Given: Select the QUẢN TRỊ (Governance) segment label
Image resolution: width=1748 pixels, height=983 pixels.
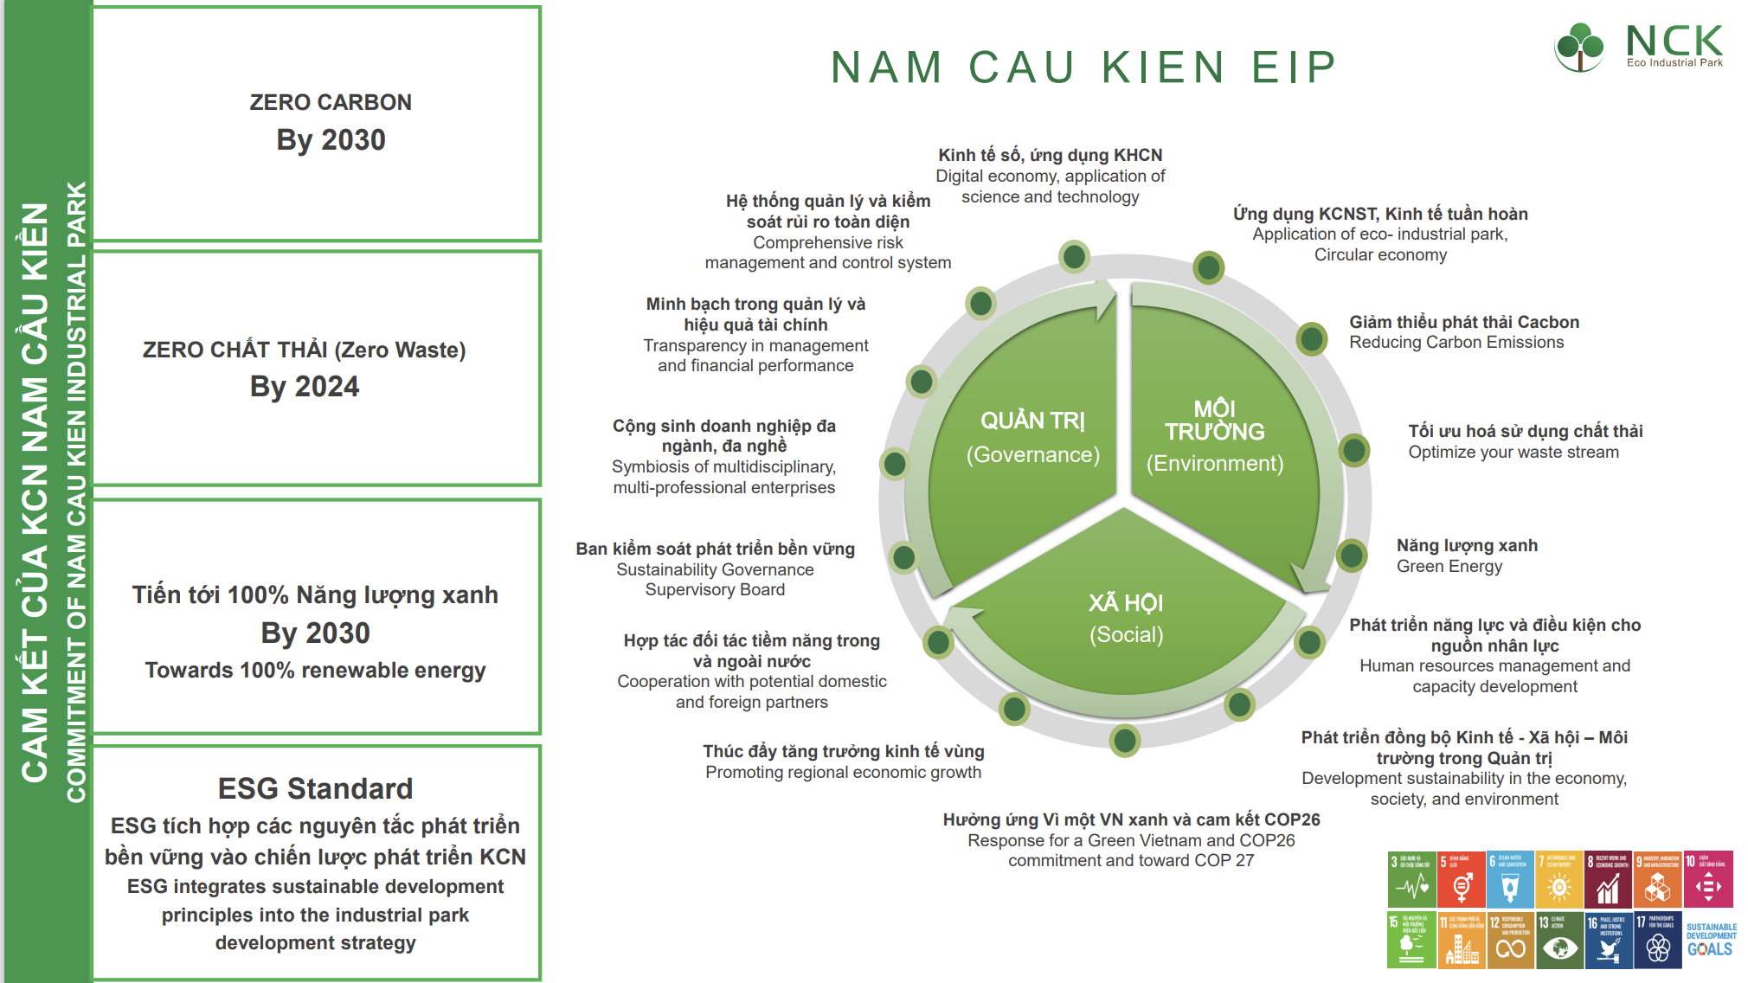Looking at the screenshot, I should click(x=1032, y=437).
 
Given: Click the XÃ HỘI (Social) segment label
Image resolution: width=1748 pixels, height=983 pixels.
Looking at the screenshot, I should click(x=1126, y=618).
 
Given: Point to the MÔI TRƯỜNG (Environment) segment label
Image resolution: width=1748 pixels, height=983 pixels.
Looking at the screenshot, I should click(x=1215, y=435).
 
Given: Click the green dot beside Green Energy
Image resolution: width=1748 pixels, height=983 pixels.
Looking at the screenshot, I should click(x=1351, y=556).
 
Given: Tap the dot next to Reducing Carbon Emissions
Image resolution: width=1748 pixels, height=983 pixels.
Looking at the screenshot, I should click(x=1312, y=338).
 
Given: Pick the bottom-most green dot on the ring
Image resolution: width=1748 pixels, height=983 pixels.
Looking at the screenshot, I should click(x=1125, y=740).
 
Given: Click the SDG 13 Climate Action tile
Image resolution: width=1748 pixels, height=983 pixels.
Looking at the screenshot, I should click(x=1558, y=940).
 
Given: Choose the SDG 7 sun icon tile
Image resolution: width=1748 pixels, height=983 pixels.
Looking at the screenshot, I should click(x=1558, y=879).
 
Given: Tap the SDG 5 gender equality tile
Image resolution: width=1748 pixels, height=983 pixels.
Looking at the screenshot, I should click(x=1461, y=879).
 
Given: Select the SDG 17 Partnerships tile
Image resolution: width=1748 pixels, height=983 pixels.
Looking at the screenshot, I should click(x=1657, y=940).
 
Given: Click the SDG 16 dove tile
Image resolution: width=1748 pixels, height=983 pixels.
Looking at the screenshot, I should click(x=1608, y=940).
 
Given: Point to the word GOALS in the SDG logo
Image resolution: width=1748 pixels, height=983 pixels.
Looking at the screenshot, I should click(x=1709, y=949).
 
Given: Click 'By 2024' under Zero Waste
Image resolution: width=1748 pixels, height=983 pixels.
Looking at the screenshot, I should click(x=305, y=387).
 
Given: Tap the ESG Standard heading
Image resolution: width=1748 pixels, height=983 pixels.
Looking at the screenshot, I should click(x=315, y=788).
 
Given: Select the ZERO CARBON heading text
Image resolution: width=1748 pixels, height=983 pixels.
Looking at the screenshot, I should click(x=331, y=102).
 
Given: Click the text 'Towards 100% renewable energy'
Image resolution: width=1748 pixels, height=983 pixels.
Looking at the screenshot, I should click(x=315, y=671).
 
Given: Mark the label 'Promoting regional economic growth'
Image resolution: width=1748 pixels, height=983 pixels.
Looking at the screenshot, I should click(x=843, y=772).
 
